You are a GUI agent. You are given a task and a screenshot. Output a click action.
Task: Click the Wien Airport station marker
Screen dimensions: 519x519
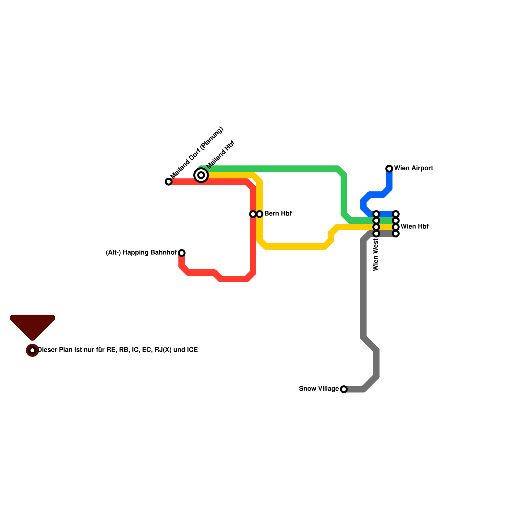click(389, 168)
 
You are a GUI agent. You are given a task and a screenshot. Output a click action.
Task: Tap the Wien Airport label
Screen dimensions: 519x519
click(413, 168)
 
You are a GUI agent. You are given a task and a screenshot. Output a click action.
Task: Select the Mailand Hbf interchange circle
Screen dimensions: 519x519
click(201, 175)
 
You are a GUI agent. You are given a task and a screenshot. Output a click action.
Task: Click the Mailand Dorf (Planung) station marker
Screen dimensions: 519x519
click(169, 182)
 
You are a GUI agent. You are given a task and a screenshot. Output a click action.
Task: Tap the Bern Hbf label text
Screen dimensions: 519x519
click(278, 214)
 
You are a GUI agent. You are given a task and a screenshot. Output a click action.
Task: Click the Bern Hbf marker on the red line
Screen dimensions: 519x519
click(253, 214)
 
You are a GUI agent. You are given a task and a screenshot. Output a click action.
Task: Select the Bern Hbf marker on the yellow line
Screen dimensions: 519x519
click(259, 214)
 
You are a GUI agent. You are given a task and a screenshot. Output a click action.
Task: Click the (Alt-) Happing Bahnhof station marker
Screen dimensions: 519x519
click(182, 253)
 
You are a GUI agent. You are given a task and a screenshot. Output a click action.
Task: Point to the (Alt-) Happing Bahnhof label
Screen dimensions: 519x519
click(141, 253)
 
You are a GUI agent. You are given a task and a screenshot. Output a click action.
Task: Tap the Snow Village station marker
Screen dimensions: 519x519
click(344, 389)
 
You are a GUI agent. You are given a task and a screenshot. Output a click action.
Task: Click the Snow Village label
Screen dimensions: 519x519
click(319, 389)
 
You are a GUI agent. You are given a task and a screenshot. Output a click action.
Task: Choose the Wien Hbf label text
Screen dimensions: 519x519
click(414, 227)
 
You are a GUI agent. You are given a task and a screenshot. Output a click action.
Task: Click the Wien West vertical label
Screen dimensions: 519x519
click(376, 255)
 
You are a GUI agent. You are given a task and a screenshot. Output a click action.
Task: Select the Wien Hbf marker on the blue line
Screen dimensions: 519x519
click(396, 214)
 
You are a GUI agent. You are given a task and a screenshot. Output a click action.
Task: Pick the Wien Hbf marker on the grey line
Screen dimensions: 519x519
click(396, 234)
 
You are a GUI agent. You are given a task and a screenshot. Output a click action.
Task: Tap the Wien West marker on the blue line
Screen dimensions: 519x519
click(376, 214)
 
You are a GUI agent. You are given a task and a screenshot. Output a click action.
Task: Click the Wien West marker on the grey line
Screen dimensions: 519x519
click(376, 234)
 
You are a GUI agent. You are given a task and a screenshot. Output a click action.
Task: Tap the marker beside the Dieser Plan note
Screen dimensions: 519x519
click(32, 350)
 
